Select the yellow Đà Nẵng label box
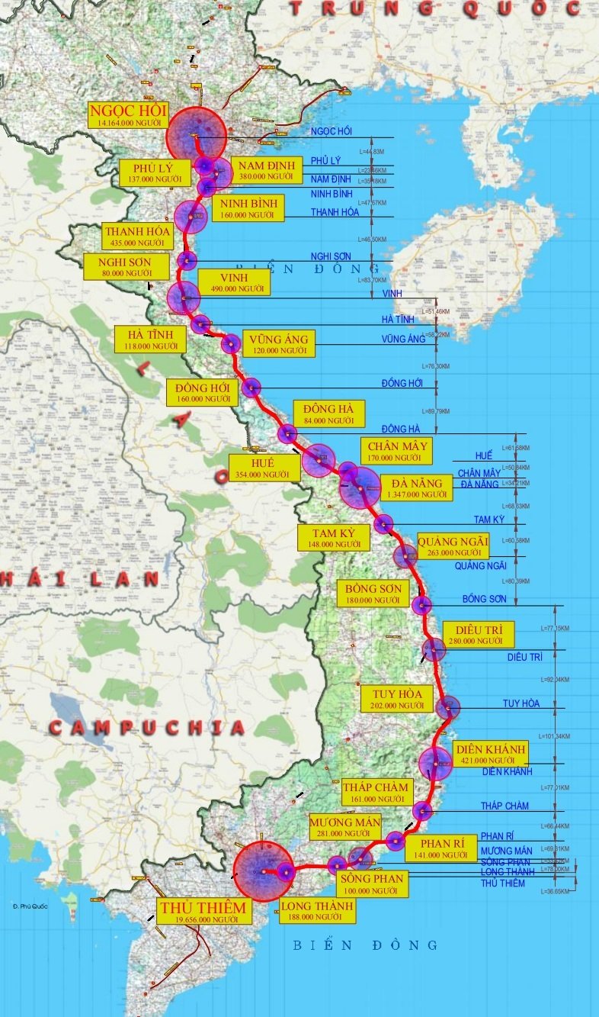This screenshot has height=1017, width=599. (416, 488)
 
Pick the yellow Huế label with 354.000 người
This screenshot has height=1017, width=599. (264, 468)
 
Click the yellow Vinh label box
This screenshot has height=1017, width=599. (235, 282)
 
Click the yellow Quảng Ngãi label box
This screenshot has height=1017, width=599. (453, 546)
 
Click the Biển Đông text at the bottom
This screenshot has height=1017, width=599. (366, 945)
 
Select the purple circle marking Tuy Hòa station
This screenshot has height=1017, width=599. (448, 708)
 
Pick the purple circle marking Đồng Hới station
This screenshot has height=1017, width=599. (251, 388)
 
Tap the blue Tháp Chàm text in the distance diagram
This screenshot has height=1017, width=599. (505, 806)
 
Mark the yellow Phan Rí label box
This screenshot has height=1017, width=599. (443, 849)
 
